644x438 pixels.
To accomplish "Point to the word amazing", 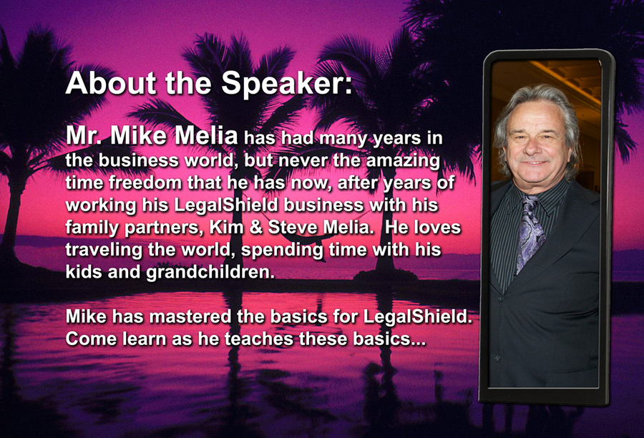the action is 402,160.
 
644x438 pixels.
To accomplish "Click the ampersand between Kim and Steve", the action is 255,227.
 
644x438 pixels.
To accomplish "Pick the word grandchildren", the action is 210,272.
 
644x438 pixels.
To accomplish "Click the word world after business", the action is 210,160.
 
